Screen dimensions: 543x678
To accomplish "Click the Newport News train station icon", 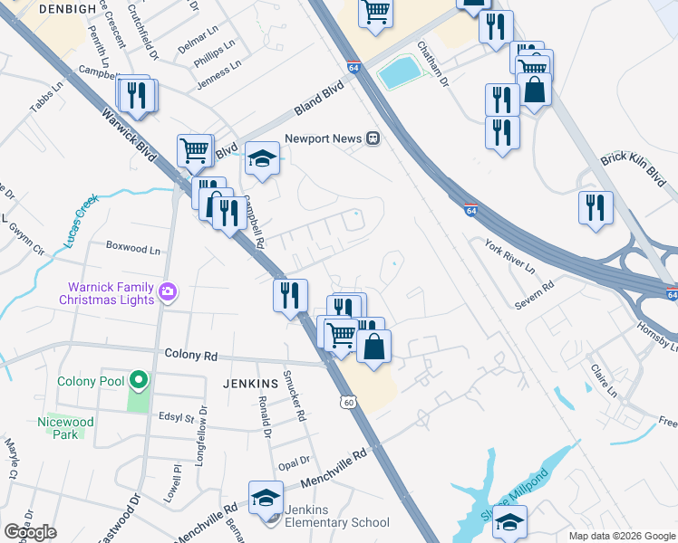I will pos(373,138).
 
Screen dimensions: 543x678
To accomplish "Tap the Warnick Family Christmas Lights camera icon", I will pos(167,291).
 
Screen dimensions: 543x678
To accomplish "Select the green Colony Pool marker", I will pos(137,381).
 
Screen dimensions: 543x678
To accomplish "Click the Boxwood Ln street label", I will pos(132,246).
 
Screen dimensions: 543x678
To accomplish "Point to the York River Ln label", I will pos(508,257).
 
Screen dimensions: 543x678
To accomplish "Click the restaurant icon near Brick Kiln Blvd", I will pos(596,207).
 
